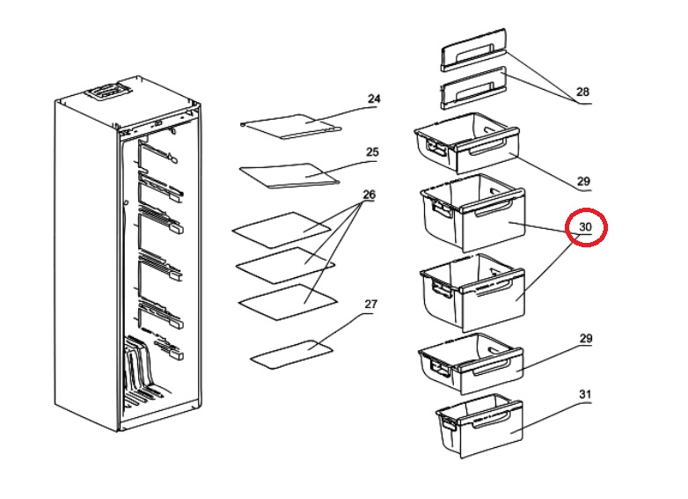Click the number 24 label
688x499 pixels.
pos(374,99)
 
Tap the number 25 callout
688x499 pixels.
pos(372,152)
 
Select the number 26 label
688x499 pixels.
pos(370,194)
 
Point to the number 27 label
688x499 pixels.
pos(370,305)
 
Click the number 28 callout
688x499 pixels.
pos(582,92)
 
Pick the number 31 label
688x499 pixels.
pos(585,394)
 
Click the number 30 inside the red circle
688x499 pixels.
pos(585,227)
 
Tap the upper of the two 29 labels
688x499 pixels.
pos(583,181)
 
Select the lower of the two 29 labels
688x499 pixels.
pos(586,338)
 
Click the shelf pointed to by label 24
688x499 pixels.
pos(291,127)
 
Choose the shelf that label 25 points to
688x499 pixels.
pos(289,175)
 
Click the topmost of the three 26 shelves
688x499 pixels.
pos(281,230)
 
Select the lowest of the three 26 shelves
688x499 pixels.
pos(288,302)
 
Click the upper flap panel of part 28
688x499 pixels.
pos(474,49)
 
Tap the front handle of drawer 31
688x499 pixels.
pos(491,421)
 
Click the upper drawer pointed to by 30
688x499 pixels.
pos(473,213)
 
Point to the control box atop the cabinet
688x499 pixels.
pos(108,92)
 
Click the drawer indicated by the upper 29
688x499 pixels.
pos(467,143)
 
